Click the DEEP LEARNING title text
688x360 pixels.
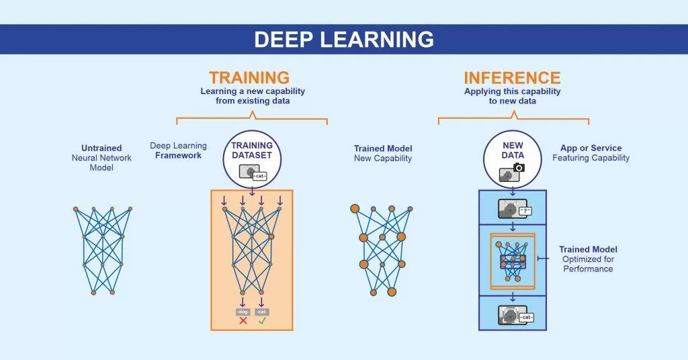click(343, 40)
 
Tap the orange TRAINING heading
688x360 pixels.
click(249, 77)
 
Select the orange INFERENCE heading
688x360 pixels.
click(512, 77)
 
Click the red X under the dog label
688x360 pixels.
click(243, 320)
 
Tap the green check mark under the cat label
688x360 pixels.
click(262, 320)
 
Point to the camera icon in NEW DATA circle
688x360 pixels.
click(518, 167)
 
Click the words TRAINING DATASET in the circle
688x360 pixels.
click(252, 150)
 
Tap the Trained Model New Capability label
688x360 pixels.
click(383, 153)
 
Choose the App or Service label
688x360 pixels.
click(591, 148)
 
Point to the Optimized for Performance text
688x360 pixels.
click(588, 264)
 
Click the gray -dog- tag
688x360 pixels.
click(243, 312)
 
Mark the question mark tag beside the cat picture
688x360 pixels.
click(525, 211)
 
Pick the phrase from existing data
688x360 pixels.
click(252, 101)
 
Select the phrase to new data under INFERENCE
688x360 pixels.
click(512, 101)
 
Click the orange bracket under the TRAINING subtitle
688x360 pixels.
click(252, 120)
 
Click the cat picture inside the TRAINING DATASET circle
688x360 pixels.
click(249, 173)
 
